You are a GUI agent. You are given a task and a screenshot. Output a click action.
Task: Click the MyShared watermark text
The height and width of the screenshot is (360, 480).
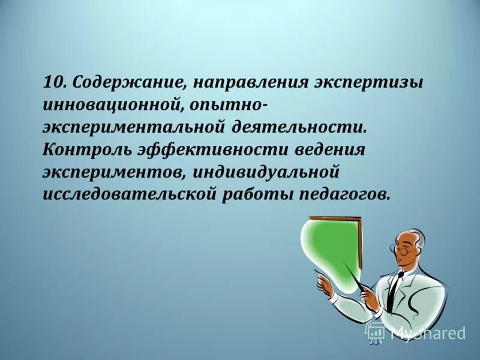coord(427,333)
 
